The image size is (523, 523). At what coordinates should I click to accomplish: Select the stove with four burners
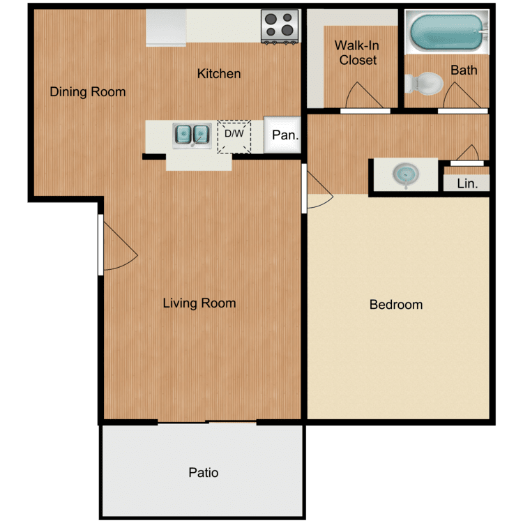(x=280, y=26)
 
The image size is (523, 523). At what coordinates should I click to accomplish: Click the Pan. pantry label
(x=285, y=135)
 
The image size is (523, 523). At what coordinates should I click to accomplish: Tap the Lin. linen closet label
(x=466, y=183)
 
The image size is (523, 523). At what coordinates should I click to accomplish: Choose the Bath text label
(x=464, y=70)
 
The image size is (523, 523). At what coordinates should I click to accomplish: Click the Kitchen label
(x=218, y=73)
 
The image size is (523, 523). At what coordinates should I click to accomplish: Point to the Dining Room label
(x=88, y=91)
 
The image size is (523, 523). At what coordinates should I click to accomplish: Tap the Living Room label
(x=199, y=303)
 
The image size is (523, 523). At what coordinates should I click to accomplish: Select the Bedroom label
(x=396, y=304)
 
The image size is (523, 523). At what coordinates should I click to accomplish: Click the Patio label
(x=204, y=472)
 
